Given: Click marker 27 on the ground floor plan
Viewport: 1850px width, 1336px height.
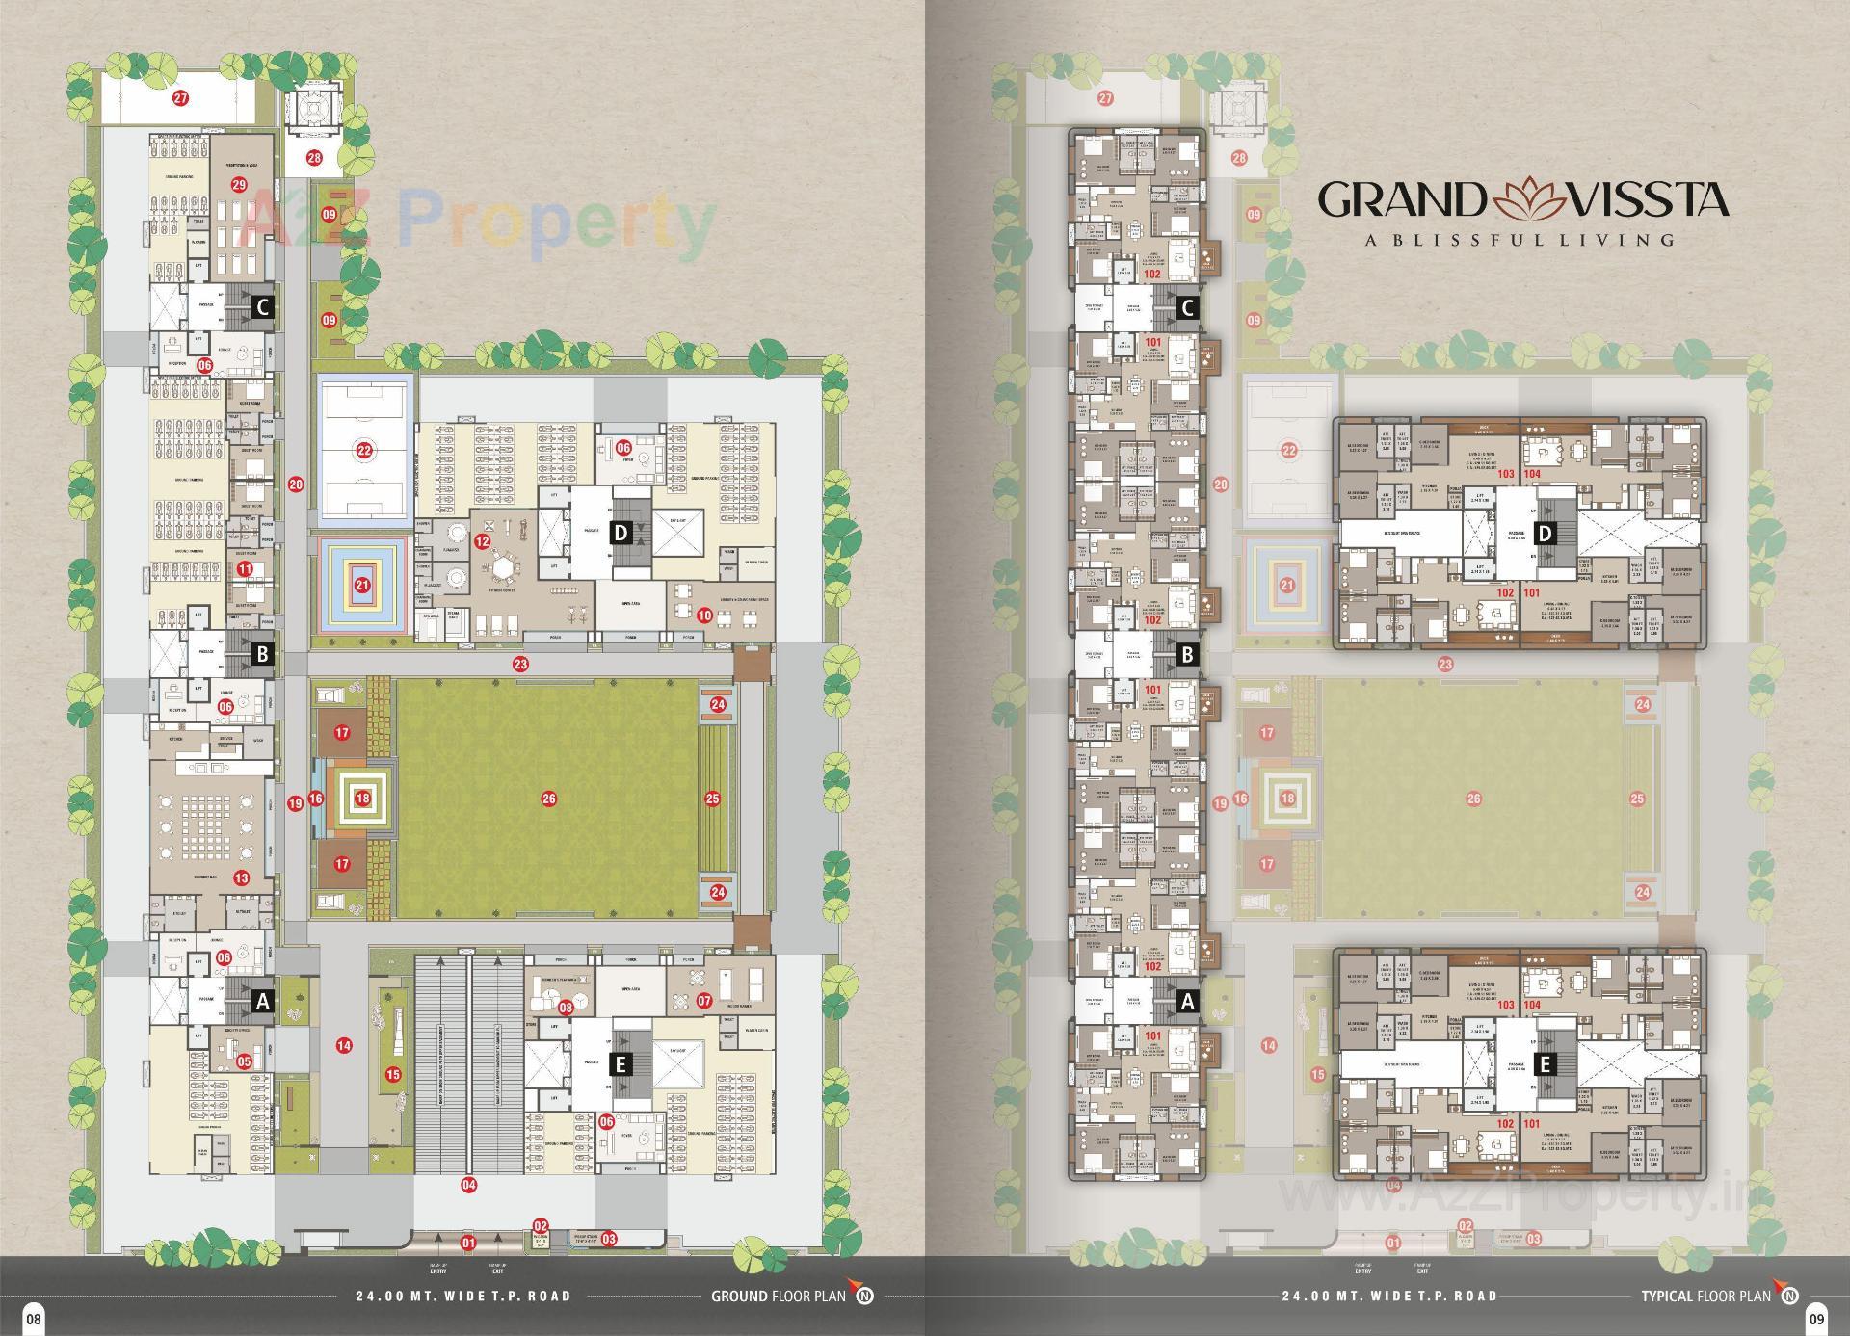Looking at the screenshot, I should (180, 98).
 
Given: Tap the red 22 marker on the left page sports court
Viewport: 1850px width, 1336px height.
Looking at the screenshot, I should (363, 450).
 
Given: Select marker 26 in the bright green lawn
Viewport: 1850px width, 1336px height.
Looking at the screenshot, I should (548, 799).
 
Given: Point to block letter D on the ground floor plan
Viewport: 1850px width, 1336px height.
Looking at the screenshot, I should (621, 533).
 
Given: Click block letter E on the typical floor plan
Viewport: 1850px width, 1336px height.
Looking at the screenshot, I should (1546, 1064).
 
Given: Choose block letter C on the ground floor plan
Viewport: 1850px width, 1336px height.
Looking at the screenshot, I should (261, 308).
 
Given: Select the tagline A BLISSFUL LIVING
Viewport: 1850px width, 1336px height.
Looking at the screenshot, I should (1520, 240).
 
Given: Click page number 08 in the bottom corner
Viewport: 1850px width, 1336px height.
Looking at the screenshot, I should (34, 1319).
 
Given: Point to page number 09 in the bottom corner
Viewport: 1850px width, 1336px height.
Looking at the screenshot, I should (1815, 1319).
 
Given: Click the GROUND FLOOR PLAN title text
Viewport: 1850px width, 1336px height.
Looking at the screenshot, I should (779, 1296).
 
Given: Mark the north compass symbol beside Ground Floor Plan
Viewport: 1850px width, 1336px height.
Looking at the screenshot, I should (865, 1296).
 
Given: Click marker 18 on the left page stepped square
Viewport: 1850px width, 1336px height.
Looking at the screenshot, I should (362, 799).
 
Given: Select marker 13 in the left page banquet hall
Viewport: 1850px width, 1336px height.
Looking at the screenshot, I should (241, 878).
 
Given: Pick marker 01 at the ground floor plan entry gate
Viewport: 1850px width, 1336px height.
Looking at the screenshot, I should (469, 1243).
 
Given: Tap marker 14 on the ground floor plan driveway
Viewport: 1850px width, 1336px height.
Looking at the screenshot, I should (343, 1045).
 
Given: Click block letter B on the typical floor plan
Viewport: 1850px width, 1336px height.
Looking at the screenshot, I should (1188, 655).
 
